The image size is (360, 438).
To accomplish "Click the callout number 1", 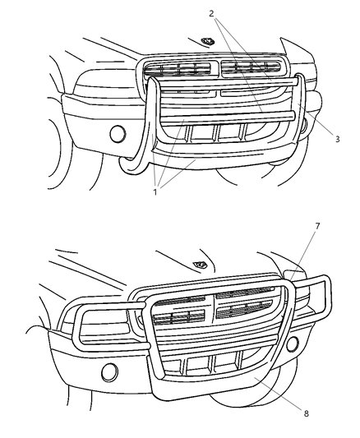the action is (155, 192).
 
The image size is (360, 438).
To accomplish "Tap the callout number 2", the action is (211, 13).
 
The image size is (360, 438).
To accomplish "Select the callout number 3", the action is (337, 139).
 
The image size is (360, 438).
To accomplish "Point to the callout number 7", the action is (317, 226).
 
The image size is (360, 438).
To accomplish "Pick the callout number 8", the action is (306, 413).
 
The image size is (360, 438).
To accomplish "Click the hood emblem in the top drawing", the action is (208, 41).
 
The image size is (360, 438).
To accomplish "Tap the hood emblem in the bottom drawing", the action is (200, 265).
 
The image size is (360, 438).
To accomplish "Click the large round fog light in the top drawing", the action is (118, 134).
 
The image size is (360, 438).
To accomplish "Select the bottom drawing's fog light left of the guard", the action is (109, 372).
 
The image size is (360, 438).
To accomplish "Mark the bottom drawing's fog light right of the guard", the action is (293, 343).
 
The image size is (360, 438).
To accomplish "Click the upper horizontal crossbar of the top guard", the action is (228, 83).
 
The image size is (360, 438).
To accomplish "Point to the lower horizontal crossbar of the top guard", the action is (228, 117).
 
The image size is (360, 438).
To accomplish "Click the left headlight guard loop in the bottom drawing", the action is (76, 324).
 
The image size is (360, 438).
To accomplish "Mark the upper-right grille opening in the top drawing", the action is (251, 67).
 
